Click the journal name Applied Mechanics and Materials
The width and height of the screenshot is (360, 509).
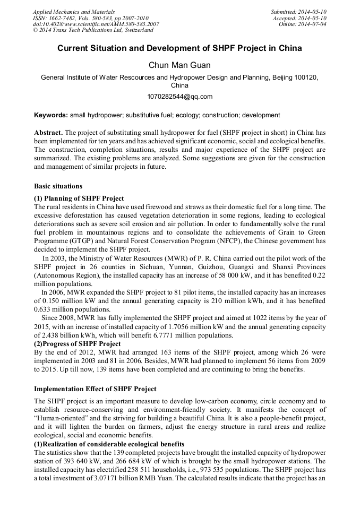[73, 11]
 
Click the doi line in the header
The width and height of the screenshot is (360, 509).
[96, 24]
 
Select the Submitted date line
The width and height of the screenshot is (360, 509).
[298, 11]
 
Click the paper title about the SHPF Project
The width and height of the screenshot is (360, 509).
[179, 48]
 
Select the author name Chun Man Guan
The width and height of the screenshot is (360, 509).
[179, 65]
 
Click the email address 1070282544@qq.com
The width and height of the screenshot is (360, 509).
[179, 97]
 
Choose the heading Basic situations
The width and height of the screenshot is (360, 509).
[58, 186]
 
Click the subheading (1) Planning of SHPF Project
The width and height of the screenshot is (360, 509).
[79, 198]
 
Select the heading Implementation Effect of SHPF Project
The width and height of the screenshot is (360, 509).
[95, 389]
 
